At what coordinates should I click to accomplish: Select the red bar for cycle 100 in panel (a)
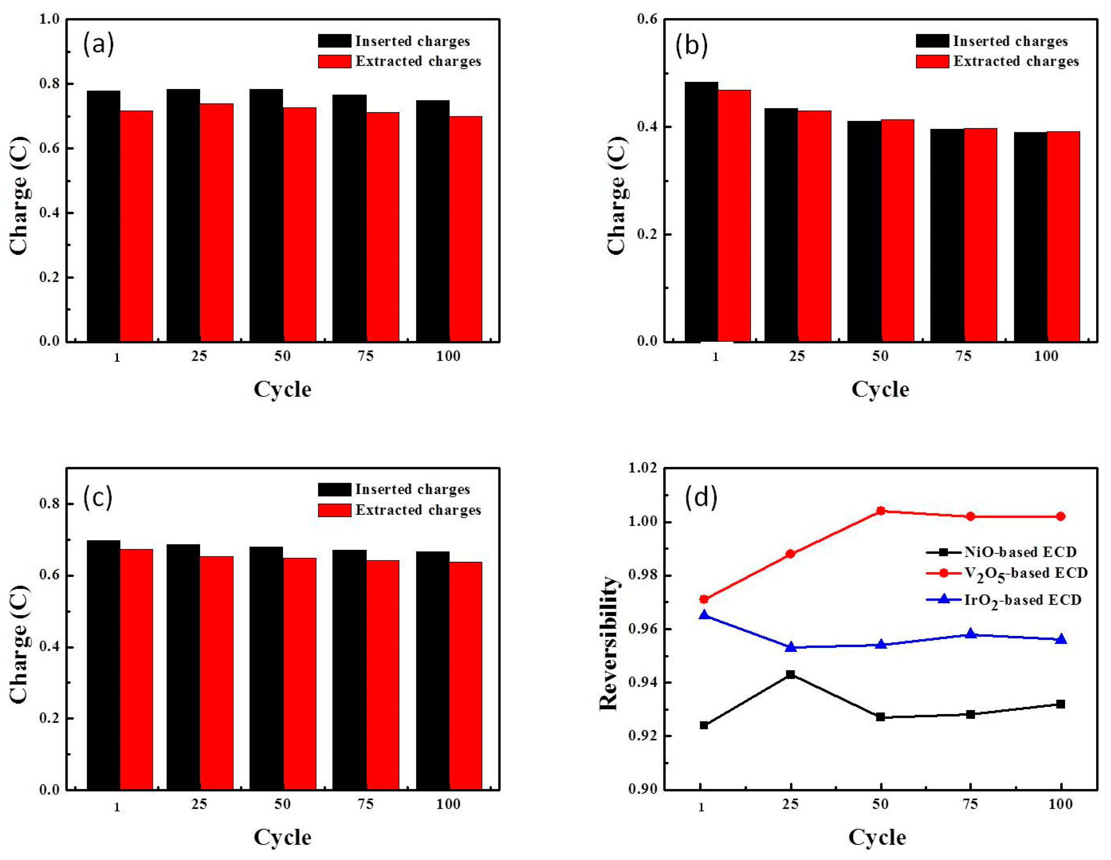click(x=466, y=229)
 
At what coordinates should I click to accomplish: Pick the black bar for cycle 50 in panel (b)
click(x=864, y=231)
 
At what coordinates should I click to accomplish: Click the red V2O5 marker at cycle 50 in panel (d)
click(x=881, y=511)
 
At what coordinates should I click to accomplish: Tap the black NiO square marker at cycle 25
click(x=791, y=675)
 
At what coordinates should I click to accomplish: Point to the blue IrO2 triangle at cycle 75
click(x=970, y=634)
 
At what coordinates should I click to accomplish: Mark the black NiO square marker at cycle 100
click(x=1061, y=704)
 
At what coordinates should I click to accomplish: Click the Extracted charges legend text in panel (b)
click(x=1016, y=61)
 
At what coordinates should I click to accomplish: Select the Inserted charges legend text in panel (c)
click(x=412, y=489)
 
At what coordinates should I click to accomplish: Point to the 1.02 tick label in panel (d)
click(x=642, y=468)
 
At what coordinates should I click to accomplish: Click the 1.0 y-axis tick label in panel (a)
click(x=49, y=19)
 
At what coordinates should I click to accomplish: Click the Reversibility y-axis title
click(x=608, y=643)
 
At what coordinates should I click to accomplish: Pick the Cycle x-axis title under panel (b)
click(x=880, y=390)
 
